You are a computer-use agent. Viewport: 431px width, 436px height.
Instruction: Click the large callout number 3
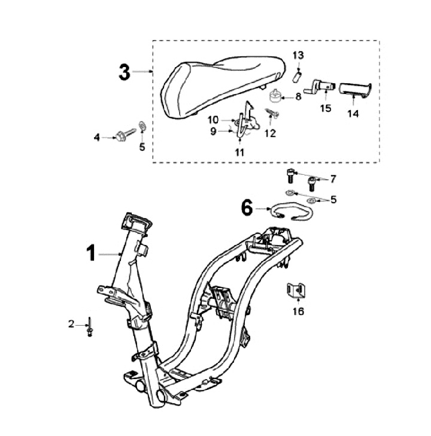pos(123,72)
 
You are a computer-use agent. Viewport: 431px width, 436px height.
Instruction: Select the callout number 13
pos(298,55)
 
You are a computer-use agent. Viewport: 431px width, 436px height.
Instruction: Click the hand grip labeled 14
pos(355,90)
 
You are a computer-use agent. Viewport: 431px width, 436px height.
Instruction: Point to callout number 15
pos(325,108)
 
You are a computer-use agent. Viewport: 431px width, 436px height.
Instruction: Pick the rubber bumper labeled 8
pos(276,96)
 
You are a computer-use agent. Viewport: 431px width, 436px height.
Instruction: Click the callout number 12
pos(270,134)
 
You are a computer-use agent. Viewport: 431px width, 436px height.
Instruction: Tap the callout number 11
pos(239,153)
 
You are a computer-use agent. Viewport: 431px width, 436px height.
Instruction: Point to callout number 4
pos(97,138)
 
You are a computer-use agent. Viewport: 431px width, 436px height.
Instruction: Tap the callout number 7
pos(333,179)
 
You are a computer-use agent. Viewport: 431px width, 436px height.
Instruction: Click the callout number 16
pos(298,311)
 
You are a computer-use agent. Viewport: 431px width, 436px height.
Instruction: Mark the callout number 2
pos(71,324)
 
